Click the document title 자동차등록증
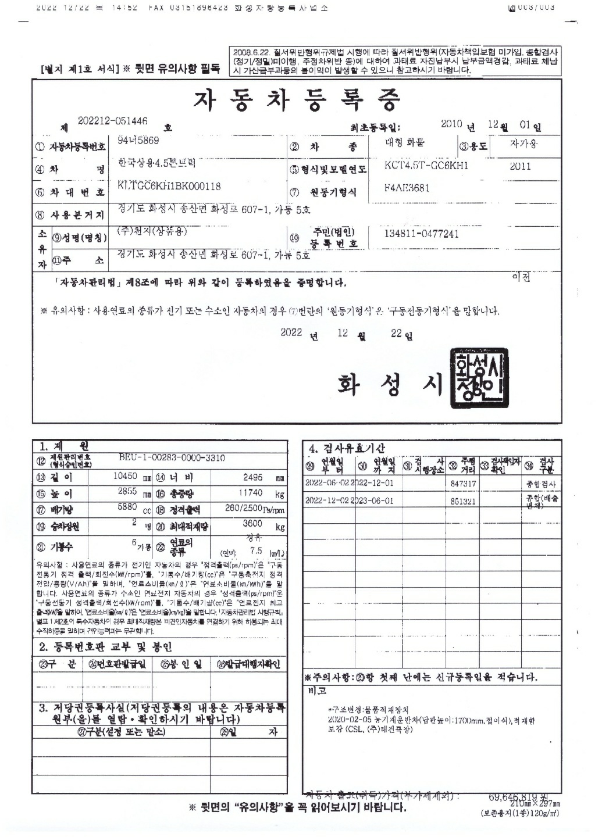click(297, 100)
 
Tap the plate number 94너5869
click(138, 141)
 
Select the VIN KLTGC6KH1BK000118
click(169, 187)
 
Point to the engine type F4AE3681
click(407, 188)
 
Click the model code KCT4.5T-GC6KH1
click(426, 166)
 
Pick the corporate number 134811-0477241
click(421, 234)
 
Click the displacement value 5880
click(127, 507)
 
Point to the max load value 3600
click(252, 524)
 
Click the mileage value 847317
click(463, 484)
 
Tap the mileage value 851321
click(463, 500)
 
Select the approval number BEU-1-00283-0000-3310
click(172, 459)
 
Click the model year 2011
click(520, 166)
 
